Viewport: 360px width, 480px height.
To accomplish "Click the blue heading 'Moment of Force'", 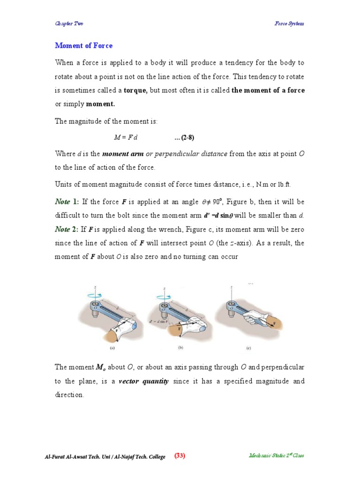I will point(84,45).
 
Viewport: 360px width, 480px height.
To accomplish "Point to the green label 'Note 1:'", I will point(67,202).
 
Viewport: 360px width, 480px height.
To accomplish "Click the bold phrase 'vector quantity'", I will point(143,381).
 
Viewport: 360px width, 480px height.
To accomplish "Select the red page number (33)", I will point(180,456).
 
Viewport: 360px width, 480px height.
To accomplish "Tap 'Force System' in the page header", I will point(289,23).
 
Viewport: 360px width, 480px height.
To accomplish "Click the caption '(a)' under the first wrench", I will point(113,348).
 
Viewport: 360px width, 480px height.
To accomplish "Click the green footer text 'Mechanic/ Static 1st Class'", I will point(277,456).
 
